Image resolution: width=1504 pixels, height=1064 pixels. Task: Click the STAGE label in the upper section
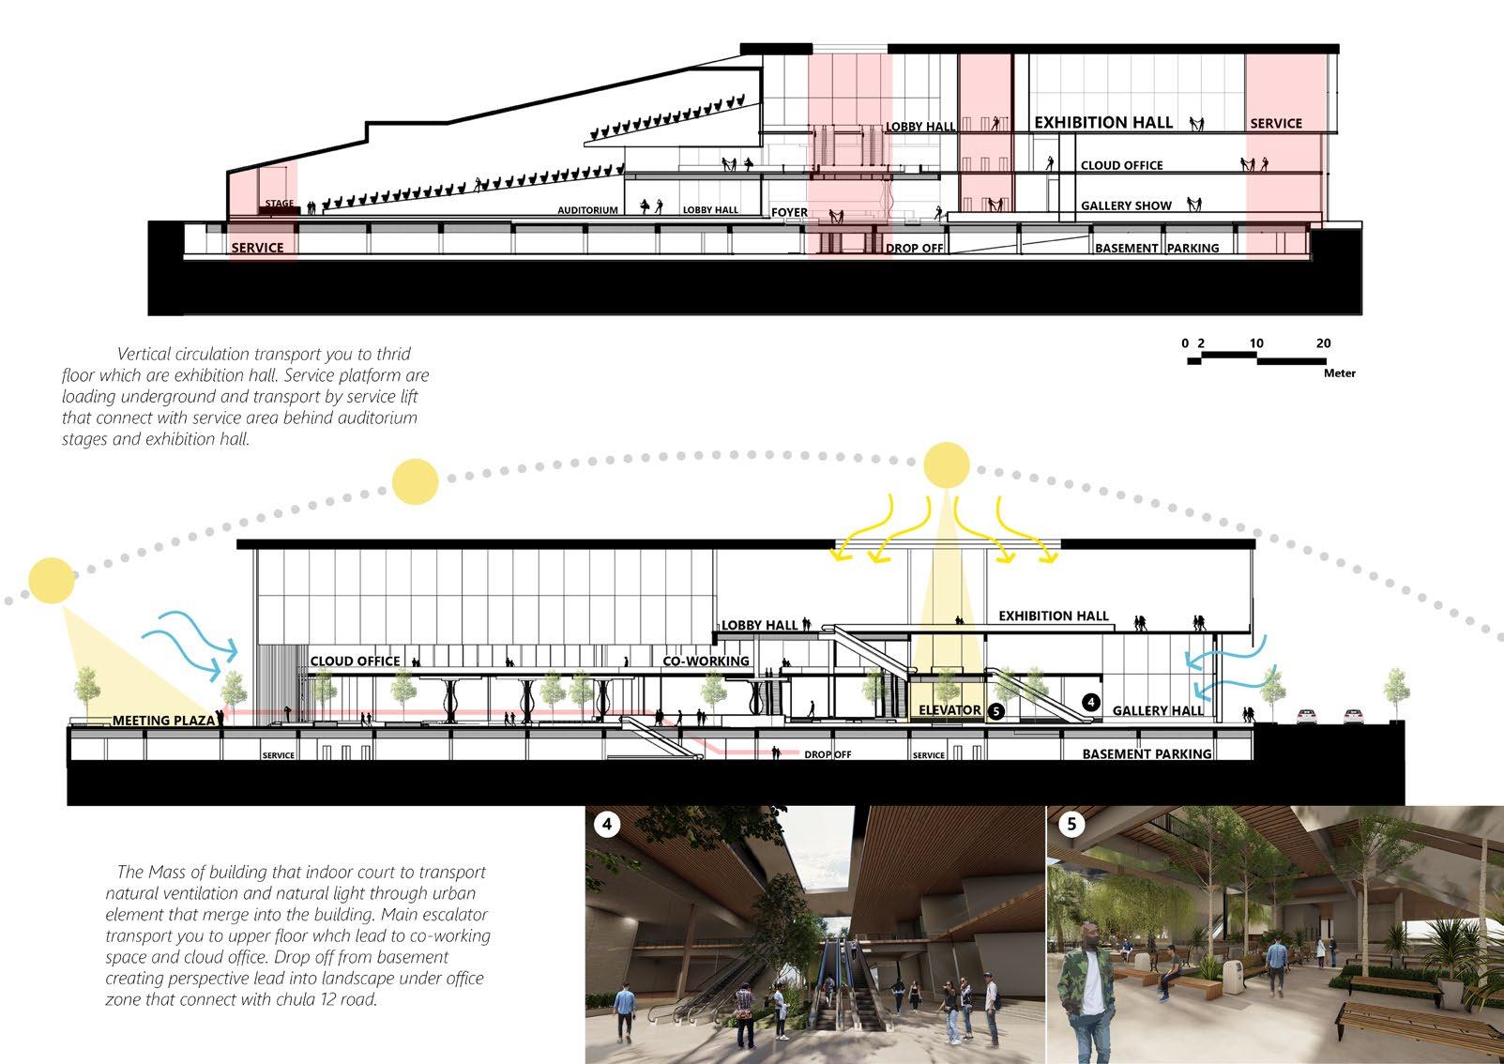pyautogui.click(x=279, y=203)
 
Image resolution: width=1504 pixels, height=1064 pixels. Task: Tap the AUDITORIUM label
pyautogui.click(x=587, y=210)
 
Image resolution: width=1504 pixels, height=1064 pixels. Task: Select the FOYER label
pyautogui.click(x=789, y=212)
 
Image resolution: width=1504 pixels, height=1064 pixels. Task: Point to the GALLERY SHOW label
pyautogui.click(x=1126, y=205)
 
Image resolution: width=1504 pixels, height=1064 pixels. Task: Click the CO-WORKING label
pyautogui.click(x=706, y=661)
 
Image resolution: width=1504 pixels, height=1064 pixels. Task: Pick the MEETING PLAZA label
pyautogui.click(x=162, y=721)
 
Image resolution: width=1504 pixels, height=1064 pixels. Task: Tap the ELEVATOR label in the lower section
pyautogui.click(x=949, y=710)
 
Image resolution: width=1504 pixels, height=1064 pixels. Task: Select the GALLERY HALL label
pyautogui.click(x=1158, y=710)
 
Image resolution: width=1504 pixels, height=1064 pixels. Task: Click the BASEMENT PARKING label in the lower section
pyautogui.click(x=1147, y=753)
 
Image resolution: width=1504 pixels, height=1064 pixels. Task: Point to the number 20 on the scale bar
pyautogui.click(x=1323, y=343)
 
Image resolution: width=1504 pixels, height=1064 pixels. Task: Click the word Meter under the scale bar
pyautogui.click(x=1339, y=373)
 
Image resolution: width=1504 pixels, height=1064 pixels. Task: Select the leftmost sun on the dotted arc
pyautogui.click(x=52, y=580)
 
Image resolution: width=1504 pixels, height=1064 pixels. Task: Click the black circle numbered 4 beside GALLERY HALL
pyautogui.click(x=1090, y=702)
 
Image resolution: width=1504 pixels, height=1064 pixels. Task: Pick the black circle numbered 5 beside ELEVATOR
pyautogui.click(x=996, y=711)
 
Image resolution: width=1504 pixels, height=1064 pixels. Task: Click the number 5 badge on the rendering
pyautogui.click(x=1071, y=824)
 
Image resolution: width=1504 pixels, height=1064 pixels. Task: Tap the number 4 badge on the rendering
pyautogui.click(x=607, y=824)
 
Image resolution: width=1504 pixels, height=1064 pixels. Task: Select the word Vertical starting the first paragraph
pyautogui.click(x=149, y=355)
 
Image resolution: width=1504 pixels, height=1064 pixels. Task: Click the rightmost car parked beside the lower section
pyautogui.click(x=1351, y=716)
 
